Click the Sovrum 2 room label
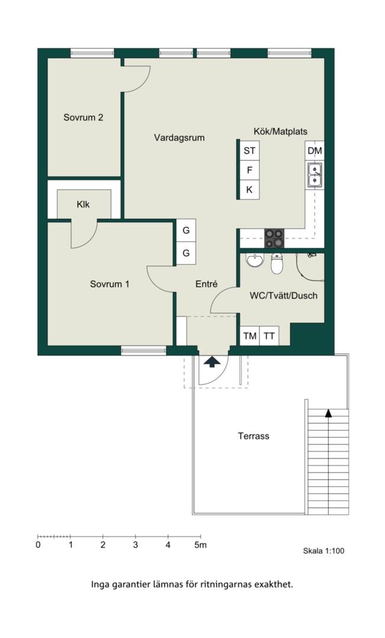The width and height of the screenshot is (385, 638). (83, 118)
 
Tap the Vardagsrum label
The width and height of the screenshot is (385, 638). (179, 138)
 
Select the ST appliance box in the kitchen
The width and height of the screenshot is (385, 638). (250, 151)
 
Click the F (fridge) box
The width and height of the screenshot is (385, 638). (250, 170)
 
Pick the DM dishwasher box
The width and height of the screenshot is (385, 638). (315, 151)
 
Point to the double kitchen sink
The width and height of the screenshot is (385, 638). (315, 174)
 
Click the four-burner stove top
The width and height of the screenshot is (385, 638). (274, 238)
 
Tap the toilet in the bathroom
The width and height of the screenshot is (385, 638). (277, 263)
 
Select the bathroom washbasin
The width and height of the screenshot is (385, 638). (255, 260)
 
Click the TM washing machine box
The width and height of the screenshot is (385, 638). (250, 336)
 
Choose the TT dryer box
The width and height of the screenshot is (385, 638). (269, 336)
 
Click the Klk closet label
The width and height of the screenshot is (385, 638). (83, 204)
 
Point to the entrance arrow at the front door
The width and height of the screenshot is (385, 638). (212, 362)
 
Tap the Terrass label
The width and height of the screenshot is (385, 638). (253, 436)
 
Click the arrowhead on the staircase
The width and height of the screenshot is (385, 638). (328, 414)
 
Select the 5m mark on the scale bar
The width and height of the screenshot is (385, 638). (200, 545)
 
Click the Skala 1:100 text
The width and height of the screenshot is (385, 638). (323, 551)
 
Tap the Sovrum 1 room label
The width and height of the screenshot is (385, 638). (109, 284)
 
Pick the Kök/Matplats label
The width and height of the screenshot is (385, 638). (280, 131)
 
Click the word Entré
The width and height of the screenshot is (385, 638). (206, 284)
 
